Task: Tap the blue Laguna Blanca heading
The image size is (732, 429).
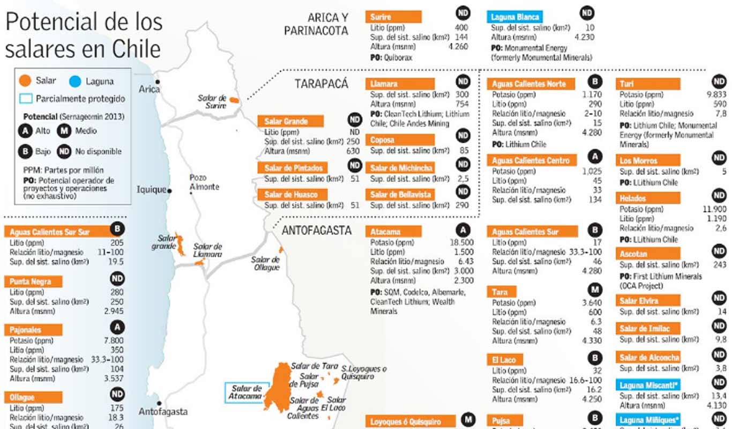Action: [x=514, y=17]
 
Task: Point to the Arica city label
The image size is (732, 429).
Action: [x=148, y=88]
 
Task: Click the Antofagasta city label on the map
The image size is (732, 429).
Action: [x=163, y=412]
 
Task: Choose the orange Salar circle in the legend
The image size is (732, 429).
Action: [x=24, y=82]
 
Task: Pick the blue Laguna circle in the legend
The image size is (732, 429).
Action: [x=75, y=82]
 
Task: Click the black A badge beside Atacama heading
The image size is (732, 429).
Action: [x=463, y=230]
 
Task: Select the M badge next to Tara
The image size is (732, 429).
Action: [x=594, y=290]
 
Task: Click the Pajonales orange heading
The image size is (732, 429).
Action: [x=33, y=330]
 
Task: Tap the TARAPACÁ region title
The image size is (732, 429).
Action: [x=322, y=84]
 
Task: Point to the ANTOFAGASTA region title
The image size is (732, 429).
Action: [x=316, y=231]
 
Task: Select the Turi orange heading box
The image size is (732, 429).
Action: [x=648, y=84]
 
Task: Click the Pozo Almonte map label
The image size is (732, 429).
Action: [x=204, y=182]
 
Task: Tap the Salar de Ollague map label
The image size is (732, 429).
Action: [x=266, y=263]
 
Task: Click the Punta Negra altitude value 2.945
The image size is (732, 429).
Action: [x=113, y=311]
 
